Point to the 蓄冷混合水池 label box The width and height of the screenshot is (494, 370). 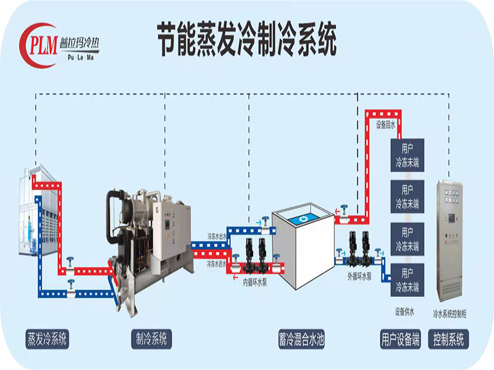(301, 339)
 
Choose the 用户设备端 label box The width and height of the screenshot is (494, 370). (400, 339)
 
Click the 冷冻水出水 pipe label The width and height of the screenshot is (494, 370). (217, 236)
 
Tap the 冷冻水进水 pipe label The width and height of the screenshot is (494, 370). (217, 263)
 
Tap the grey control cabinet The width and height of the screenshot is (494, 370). (453, 240)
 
